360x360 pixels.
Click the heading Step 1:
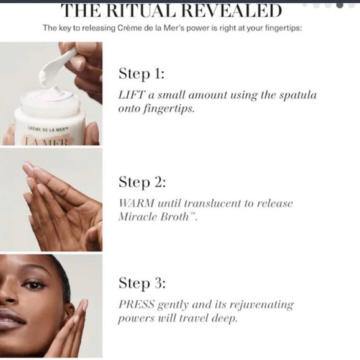142,74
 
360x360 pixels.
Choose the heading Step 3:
142,284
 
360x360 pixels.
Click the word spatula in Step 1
295,95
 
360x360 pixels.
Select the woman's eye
34,285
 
